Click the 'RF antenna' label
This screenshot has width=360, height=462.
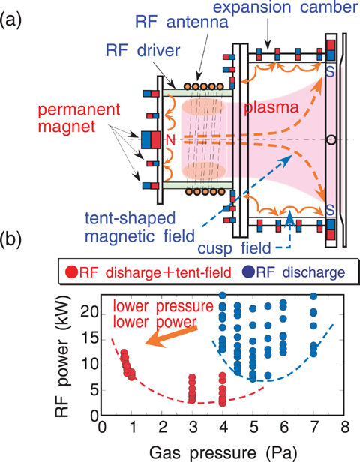[x=181, y=22]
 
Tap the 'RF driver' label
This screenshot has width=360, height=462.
[x=143, y=51]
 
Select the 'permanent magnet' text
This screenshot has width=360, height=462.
[x=79, y=118]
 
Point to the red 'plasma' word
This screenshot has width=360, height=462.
[x=271, y=108]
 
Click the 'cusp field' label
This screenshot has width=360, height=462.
[x=234, y=247]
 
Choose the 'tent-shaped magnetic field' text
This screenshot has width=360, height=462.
[x=139, y=227]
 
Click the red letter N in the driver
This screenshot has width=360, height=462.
[x=170, y=140]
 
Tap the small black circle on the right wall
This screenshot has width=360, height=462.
[x=331, y=139]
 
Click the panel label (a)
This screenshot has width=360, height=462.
[x=10, y=19]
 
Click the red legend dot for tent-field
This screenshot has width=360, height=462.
[x=71, y=272]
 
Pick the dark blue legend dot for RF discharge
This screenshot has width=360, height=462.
[x=247, y=272]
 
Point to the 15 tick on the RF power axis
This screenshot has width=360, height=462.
[x=89, y=340]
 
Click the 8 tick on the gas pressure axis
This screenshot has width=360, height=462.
[x=344, y=427]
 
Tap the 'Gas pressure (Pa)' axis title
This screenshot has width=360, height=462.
[x=223, y=453]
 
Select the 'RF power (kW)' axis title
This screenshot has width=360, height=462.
[x=62, y=356]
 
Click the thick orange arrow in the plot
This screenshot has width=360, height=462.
[x=172, y=335]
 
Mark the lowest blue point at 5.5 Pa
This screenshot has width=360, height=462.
[x=268, y=375]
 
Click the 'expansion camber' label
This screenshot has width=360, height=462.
[x=285, y=7]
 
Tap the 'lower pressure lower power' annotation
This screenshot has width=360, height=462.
[x=163, y=314]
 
